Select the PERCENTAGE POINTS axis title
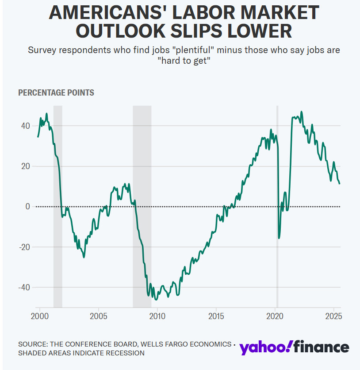click(56, 92)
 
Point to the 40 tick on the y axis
click(26, 126)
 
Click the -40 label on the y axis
click(24, 287)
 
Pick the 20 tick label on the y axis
click(26, 166)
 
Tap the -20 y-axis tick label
click(24, 247)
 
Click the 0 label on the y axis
click(28, 207)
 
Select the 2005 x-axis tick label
click(98, 316)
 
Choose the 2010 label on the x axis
click(157, 316)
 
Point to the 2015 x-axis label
click(216, 316)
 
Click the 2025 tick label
click(333, 316)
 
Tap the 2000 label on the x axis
click(39, 316)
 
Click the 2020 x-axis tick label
click(275, 316)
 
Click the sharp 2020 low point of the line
click(279, 238)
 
